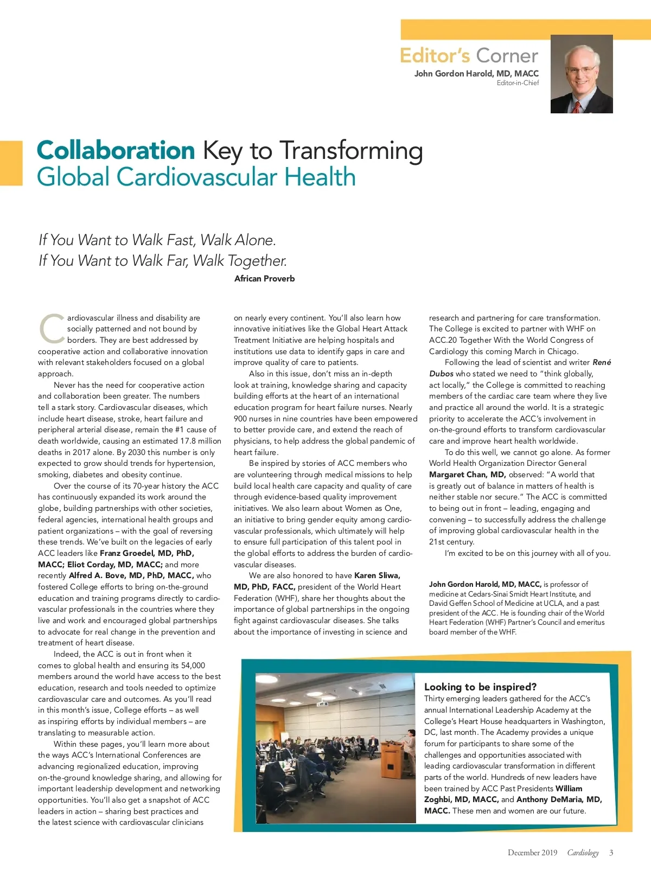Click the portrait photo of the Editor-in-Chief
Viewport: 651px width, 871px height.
pyautogui.click(x=582, y=74)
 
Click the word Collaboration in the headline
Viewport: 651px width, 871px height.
pyautogui.click(x=116, y=150)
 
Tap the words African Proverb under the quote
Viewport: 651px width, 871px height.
pyautogui.click(x=264, y=279)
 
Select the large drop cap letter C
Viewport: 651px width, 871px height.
pyautogui.click(x=52, y=329)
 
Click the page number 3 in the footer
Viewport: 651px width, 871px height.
pyautogui.click(x=611, y=853)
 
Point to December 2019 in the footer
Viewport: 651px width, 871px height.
pyautogui.click(x=532, y=853)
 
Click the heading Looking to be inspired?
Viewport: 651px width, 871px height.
pyautogui.click(x=480, y=687)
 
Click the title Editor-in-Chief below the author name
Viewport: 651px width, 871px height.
pyautogui.click(x=518, y=83)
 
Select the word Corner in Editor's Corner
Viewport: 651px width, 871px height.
pyautogui.click(x=507, y=56)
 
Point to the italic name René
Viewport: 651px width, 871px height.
pyautogui.click(x=602, y=362)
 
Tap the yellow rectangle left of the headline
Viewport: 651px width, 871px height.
pyautogui.click(x=11, y=163)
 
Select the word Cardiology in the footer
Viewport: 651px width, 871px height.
pyautogui.click(x=583, y=853)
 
